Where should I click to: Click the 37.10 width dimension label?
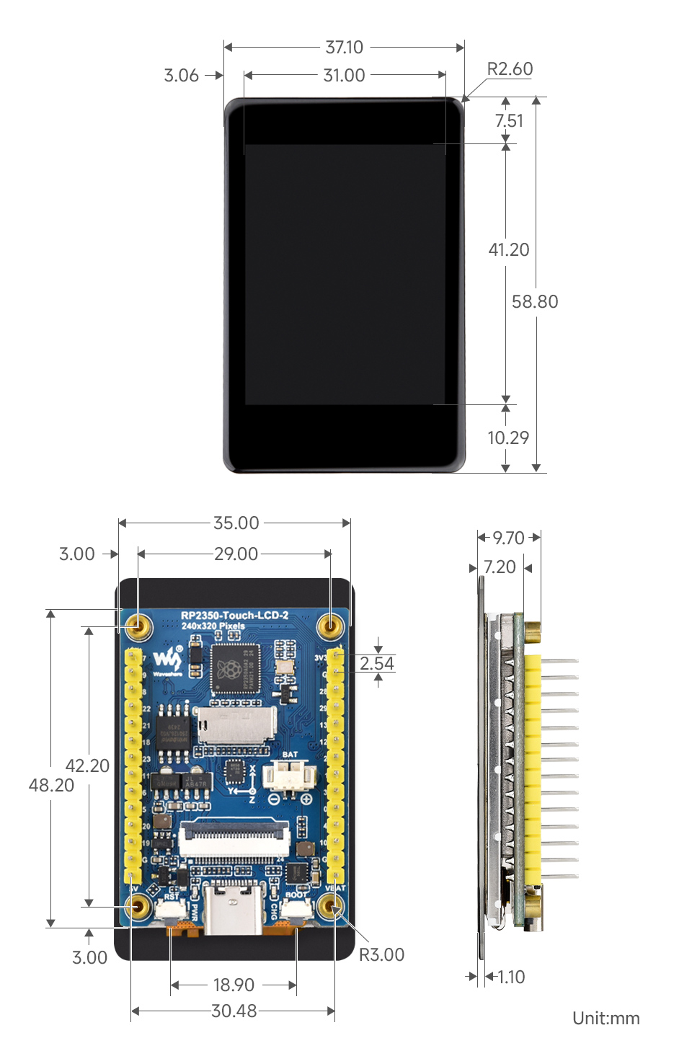pyautogui.click(x=344, y=48)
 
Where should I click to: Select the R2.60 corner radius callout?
pyautogui.click(x=510, y=69)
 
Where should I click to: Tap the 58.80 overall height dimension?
pyautogui.click(x=535, y=302)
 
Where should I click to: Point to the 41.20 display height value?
pyautogui.click(x=509, y=250)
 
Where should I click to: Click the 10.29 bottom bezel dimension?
pyautogui.click(x=508, y=438)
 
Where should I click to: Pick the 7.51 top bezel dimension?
pyautogui.click(x=509, y=121)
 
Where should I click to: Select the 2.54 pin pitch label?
pyautogui.click(x=377, y=663)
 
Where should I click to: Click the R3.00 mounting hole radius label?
pyautogui.click(x=381, y=955)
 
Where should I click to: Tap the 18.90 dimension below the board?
pyautogui.click(x=234, y=985)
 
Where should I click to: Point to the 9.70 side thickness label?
pyautogui.click(x=508, y=538)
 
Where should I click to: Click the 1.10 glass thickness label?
pyautogui.click(x=511, y=977)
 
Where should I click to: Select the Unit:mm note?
pyautogui.click(x=605, y=1019)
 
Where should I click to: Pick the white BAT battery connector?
pyautogui.click(x=289, y=777)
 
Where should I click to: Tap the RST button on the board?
pyautogui.click(x=169, y=910)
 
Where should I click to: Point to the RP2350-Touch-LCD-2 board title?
pyautogui.click(x=234, y=616)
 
